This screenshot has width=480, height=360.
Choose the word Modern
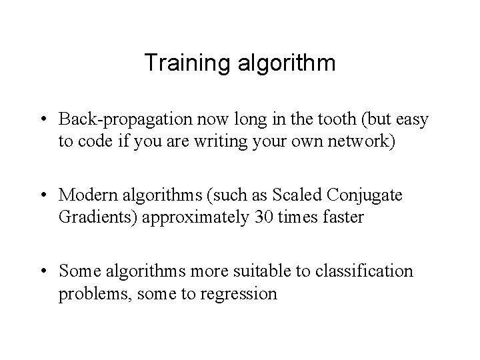click(x=85, y=197)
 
